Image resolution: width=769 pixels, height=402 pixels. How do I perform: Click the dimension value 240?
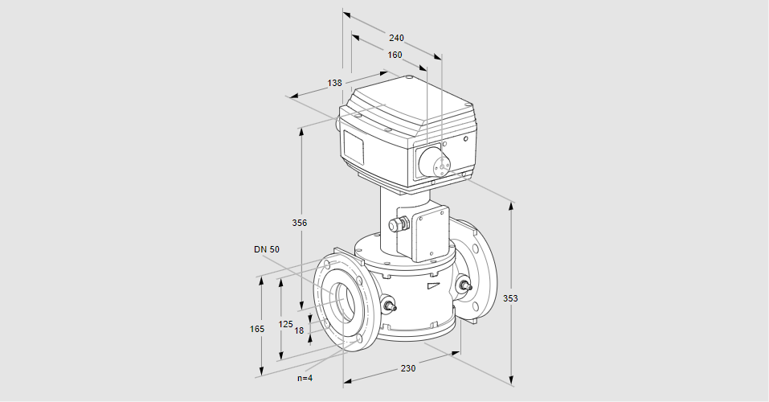click(396, 38)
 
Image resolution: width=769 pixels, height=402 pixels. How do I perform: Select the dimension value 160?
click(395, 55)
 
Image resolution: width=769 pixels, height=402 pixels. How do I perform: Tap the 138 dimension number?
click(335, 83)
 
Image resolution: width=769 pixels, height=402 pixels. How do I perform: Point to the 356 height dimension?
click(300, 222)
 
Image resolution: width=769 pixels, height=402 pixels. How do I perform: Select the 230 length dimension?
click(408, 368)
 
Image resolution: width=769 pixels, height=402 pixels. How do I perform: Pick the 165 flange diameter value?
click(257, 329)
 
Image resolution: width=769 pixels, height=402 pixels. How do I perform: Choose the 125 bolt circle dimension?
click(285, 324)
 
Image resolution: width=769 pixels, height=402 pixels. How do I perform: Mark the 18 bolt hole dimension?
click(299, 330)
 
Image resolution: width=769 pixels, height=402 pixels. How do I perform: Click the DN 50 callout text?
click(267, 249)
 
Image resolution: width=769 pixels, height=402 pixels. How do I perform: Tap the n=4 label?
click(305, 378)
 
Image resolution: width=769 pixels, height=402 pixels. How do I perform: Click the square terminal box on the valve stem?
click(431, 234)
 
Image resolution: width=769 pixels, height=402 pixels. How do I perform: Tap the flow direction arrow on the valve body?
click(434, 283)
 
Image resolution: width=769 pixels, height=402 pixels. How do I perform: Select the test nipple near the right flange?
click(464, 284)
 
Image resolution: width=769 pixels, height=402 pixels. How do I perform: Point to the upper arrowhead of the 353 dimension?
click(511, 206)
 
